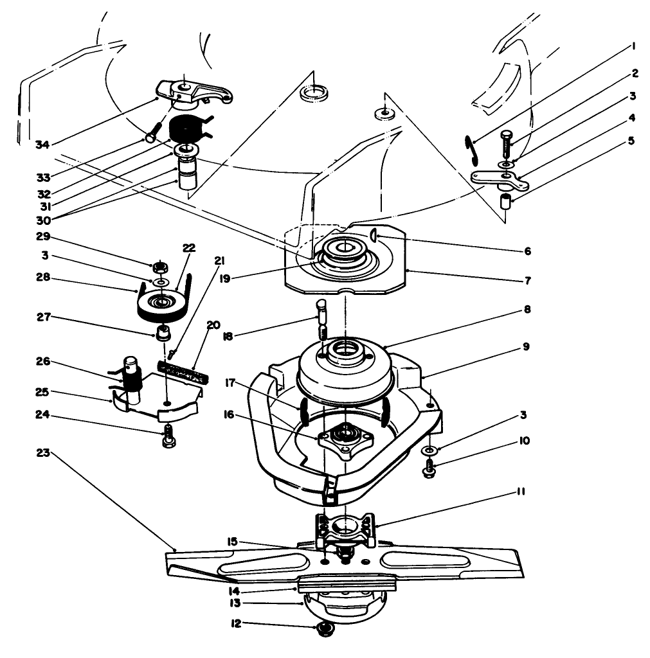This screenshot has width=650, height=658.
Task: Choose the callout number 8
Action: pos(527,309)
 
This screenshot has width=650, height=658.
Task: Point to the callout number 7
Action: pos(527,280)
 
